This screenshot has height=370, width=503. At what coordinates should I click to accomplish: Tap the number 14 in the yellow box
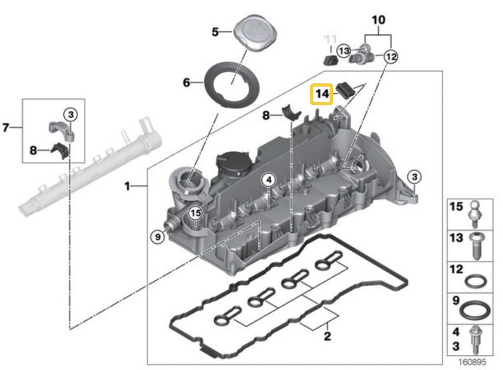click(x=322, y=94)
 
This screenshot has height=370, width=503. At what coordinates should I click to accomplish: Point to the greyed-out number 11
click(x=330, y=38)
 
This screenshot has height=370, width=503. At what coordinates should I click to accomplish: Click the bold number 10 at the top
click(x=378, y=21)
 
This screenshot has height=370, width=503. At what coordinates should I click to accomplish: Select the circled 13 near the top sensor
click(x=344, y=51)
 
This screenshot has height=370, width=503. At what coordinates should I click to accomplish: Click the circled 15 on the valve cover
click(x=196, y=213)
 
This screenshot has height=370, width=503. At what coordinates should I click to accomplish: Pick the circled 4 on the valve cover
click(x=269, y=180)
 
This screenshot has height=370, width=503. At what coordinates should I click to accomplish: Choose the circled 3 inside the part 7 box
click(x=71, y=115)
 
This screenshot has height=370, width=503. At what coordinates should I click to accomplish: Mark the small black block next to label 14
click(x=345, y=90)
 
